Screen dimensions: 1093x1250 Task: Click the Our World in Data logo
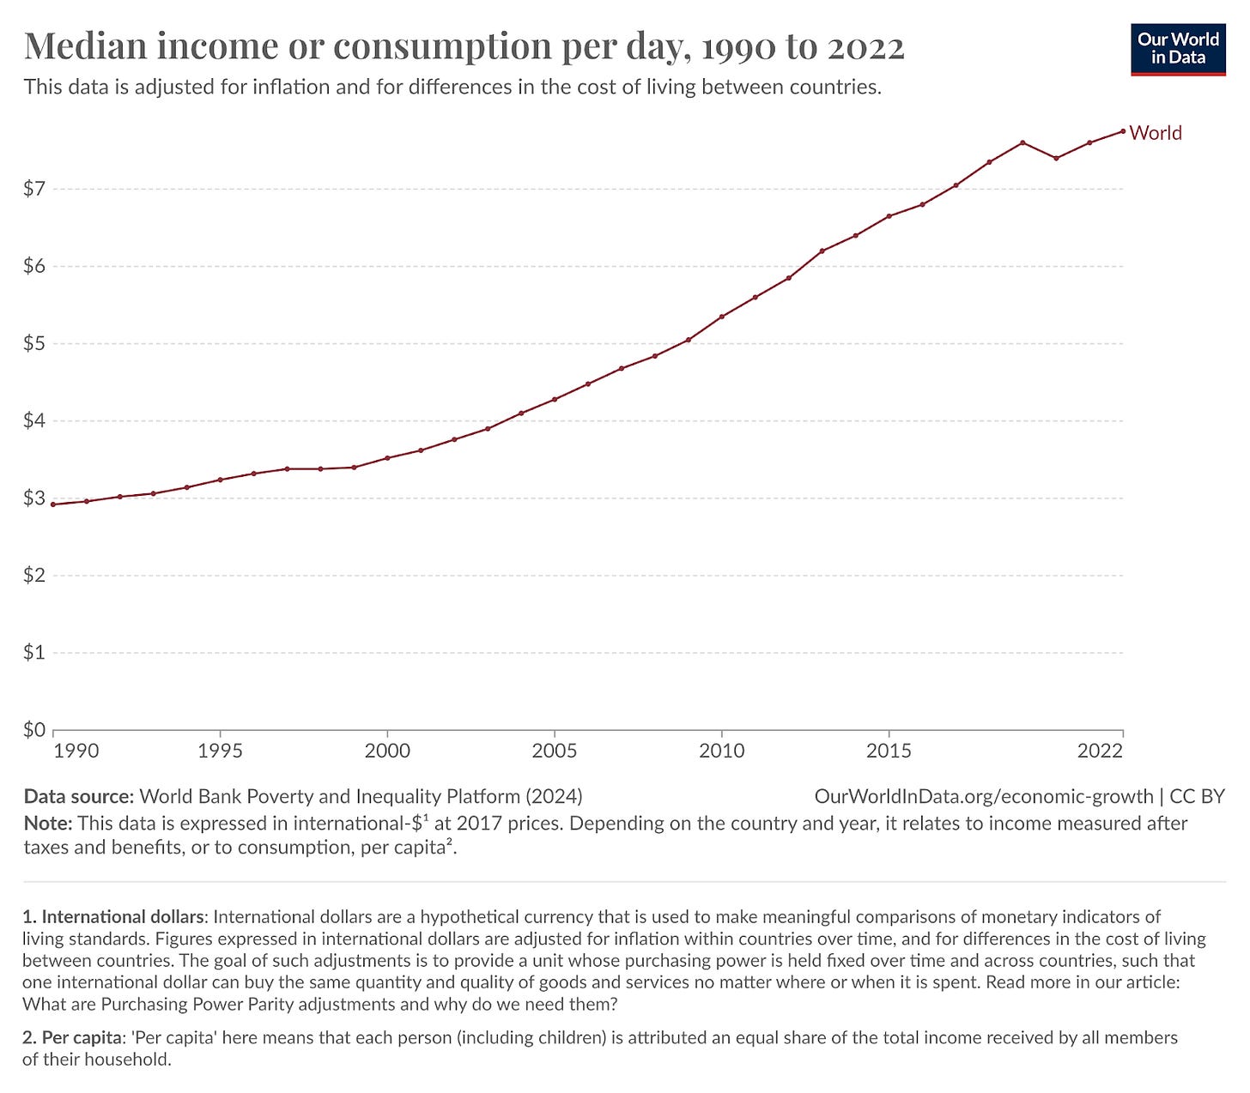pos(1177,50)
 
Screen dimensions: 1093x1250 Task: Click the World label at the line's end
pos(1156,133)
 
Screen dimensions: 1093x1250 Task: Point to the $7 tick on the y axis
pos(34,189)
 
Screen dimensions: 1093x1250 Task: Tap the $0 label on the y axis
pos(34,730)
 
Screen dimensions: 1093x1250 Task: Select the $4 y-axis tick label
pos(34,421)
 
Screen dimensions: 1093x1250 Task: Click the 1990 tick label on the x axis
pos(76,752)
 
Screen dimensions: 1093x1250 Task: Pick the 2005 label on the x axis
pos(555,752)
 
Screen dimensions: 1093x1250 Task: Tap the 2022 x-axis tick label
pos(1101,752)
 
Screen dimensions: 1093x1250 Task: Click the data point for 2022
pos(1123,131)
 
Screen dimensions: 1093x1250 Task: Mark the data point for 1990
pos(53,504)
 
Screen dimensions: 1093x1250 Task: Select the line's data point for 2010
pos(722,317)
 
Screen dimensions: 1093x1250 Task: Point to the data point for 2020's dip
pos(1056,158)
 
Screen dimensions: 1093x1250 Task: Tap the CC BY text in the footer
pos(1197,796)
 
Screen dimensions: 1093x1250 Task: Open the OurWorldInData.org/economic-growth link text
pos(983,796)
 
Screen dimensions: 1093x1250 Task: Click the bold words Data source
pos(78,796)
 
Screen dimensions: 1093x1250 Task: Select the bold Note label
pos(47,824)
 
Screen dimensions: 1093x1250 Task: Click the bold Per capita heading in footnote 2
pos(81,1038)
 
